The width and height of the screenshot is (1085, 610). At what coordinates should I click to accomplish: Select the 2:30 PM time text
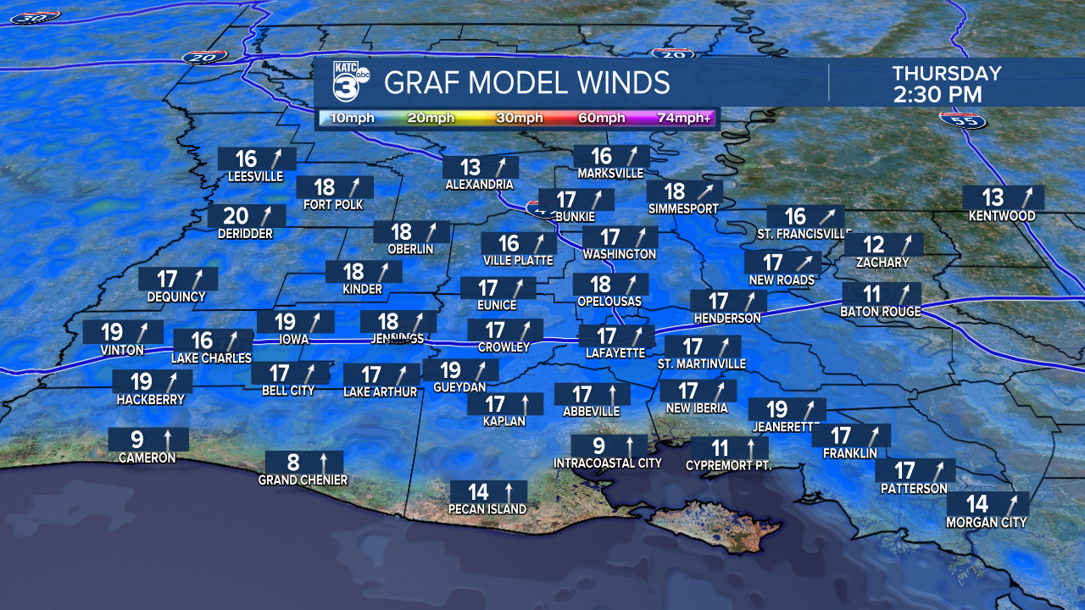point(938,94)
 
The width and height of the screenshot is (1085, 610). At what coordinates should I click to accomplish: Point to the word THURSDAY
point(946,74)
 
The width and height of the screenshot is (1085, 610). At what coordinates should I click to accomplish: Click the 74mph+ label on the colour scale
point(685,118)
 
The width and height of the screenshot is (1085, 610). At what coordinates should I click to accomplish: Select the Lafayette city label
point(615,353)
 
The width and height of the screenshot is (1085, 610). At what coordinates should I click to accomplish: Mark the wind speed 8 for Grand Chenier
point(293,463)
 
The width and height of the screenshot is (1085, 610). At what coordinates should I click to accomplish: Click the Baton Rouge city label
point(881,312)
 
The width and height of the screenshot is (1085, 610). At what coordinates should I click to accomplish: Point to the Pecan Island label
point(487,509)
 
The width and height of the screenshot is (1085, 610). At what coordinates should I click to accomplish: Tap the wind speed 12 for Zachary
point(873,246)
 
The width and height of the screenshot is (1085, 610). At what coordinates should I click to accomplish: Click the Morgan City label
point(986,523)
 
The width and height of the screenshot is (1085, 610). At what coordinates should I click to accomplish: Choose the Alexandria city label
point(479,185)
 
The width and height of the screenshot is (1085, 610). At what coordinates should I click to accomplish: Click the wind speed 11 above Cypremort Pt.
point(720,448)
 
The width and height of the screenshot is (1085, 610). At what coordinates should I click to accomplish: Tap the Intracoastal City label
point(607,463)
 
